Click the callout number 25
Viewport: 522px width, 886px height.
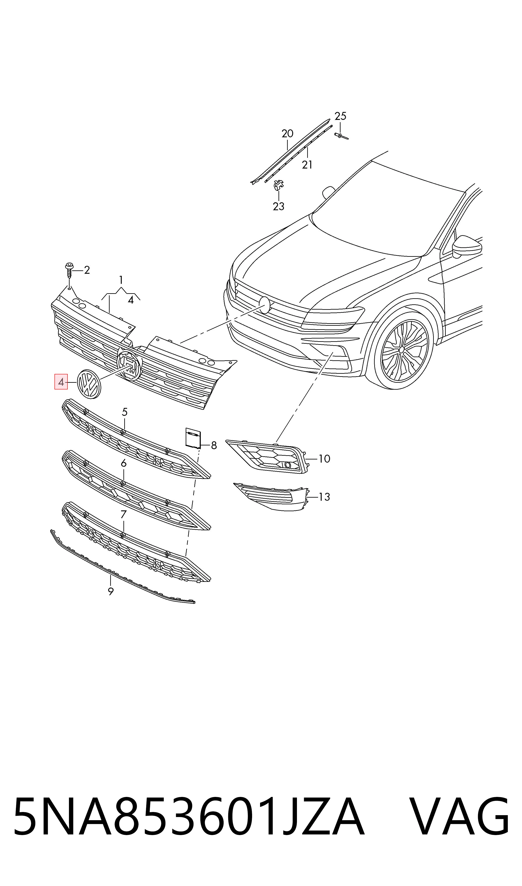click(x=340, y=116)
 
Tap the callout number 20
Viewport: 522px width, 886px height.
click(x=287, y=134)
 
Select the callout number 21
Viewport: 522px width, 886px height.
click(x=307, y=165)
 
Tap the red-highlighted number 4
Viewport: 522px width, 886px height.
click(x=61, y=382)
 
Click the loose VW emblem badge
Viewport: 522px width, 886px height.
click(x=89, y=384)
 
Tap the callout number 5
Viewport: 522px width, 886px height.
click(x=124, y=412)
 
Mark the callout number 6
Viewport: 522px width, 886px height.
click(x=123, y=464)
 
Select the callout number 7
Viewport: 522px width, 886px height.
click(x=123, y=515)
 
